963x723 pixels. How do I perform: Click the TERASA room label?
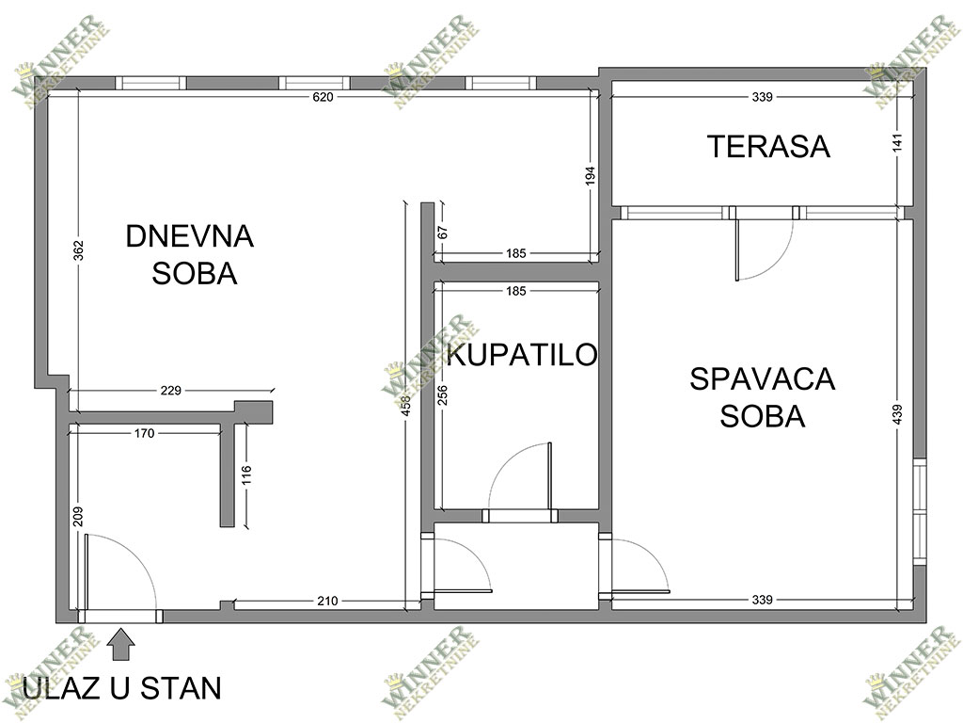(768, 146)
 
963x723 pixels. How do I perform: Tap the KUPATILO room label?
(522, 355)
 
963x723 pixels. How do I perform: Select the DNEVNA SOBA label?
(190, 254)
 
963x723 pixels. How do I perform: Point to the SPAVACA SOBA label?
(762, 397)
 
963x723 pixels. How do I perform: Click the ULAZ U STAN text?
(121, 688)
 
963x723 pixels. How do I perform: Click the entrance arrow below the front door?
(121, 644)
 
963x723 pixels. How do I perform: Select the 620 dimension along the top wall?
(324, 97)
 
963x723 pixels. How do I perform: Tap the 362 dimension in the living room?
(79, 250)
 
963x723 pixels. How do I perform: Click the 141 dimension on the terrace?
(897, 143)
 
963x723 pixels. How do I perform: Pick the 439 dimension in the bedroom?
(897, 414)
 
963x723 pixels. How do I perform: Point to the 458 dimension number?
(406, 405)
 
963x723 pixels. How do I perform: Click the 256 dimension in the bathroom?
(443, 394)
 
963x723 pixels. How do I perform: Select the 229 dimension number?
(171, 390)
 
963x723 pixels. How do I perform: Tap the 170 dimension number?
(144, 433)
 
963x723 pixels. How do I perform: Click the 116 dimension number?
(246, 475)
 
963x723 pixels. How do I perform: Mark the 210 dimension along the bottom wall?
(327, 601)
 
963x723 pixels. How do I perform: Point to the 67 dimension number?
(443, 233)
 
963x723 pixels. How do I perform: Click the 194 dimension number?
(591, 176)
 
